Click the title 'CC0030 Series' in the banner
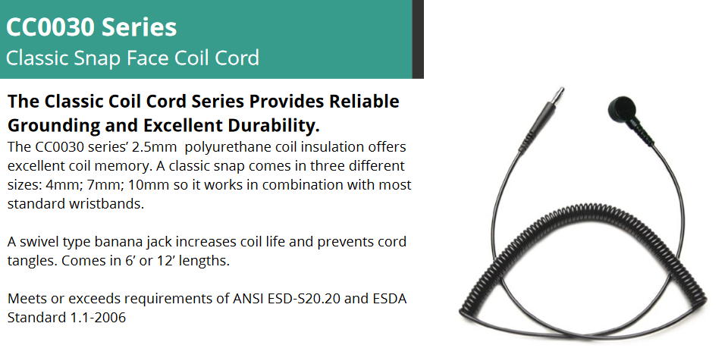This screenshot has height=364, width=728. pos(92,27)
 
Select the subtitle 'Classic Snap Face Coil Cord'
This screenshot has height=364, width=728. pos(132,58)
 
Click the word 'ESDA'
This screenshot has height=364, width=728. pos(390,299)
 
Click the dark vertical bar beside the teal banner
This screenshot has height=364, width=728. pos(418,39)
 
